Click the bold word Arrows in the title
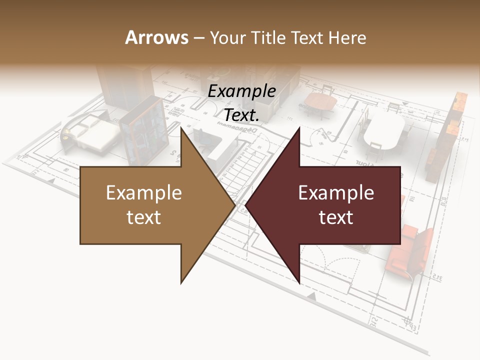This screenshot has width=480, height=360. [156, 37]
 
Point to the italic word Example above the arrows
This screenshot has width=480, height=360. [241, 91]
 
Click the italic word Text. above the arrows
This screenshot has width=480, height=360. [241, 115]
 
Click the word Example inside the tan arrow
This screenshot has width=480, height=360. [143, 193]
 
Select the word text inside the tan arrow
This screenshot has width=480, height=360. [143, 217]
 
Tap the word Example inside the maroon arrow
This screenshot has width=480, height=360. [336, 193]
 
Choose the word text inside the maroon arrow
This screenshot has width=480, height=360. [336, 217]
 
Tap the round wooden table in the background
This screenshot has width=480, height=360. [320, 103]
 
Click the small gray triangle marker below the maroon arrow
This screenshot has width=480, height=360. [312, 297]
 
